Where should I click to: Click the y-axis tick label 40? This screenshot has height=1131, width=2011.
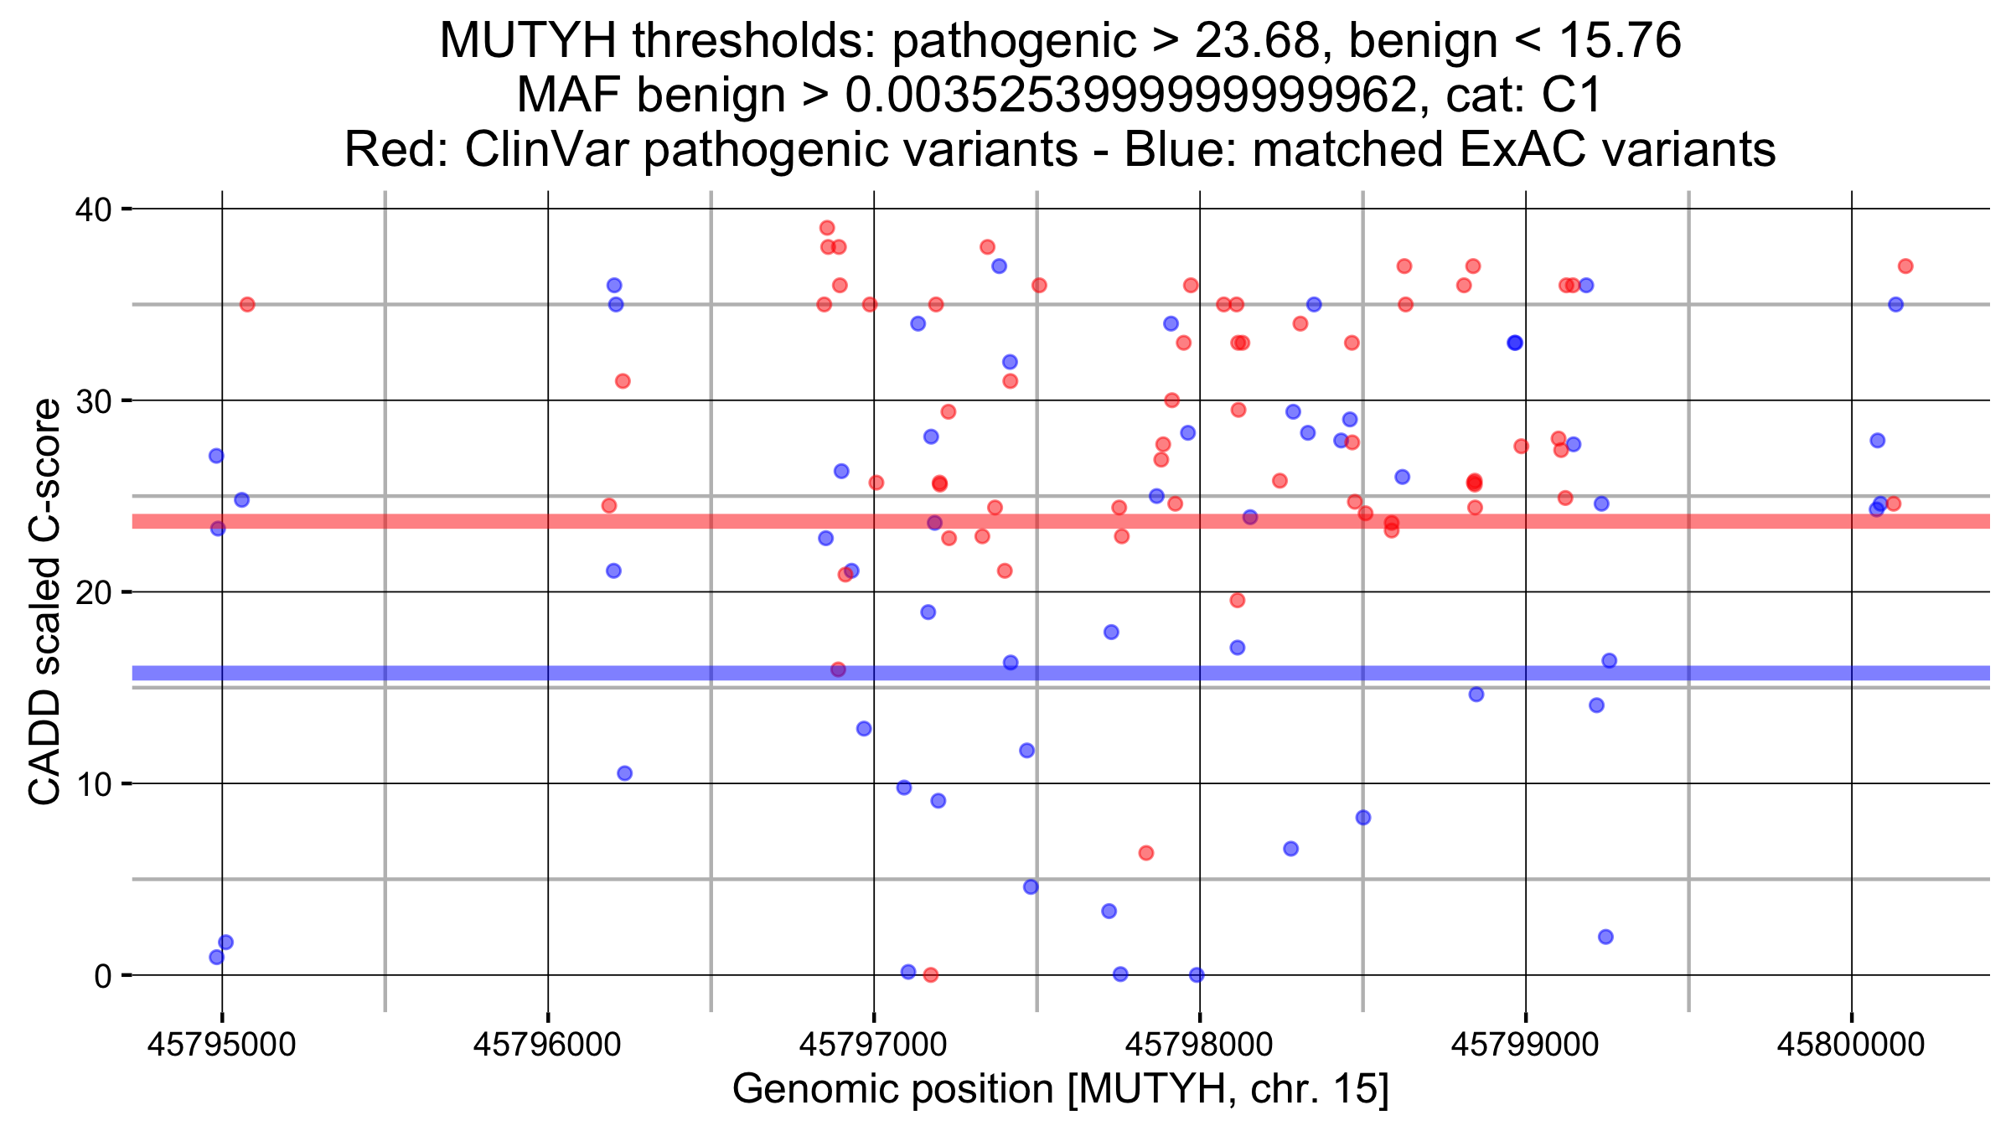click(93, 209)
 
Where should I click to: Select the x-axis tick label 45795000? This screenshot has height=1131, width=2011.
click(221, 1045)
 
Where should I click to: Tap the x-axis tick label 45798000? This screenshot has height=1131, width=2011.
click(1199, 1045)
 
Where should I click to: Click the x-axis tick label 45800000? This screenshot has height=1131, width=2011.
click(1851, 1045)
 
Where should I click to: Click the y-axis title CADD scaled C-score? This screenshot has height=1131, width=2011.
click(45, 602)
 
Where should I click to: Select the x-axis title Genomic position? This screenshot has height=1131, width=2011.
click(1060, 1089)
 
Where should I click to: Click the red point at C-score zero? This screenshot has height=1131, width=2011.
click(930, 975)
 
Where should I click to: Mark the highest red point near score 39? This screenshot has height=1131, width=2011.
click(827, 228)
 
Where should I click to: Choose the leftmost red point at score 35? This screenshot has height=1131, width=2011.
click(247, 304)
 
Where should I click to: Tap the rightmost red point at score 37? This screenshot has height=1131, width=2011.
click(1905, 266)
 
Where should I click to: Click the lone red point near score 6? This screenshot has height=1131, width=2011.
click(1146, 853)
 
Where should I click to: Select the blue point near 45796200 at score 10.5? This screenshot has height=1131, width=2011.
click(624, 773)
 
